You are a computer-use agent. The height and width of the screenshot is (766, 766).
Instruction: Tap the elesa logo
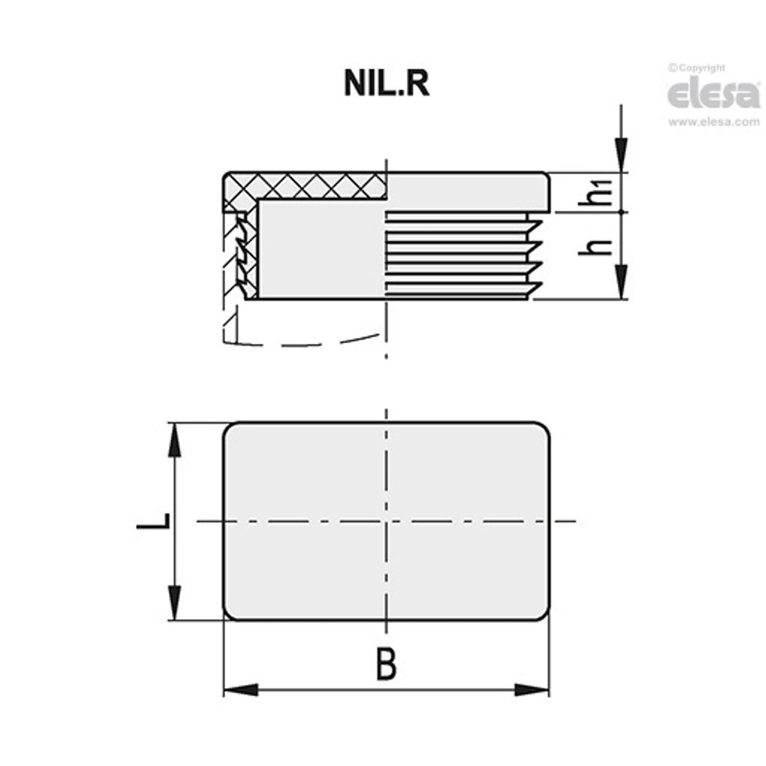pos(714,94)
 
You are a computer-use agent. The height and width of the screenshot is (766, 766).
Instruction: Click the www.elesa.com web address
pos(714,122)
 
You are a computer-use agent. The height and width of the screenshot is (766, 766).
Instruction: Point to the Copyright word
pos(701,68)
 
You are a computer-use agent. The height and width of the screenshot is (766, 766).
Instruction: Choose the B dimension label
pos(386,664)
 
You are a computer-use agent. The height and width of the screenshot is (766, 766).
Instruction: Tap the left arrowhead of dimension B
pos(240,690)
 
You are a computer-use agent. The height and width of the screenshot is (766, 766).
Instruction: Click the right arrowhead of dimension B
pos(532,690)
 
